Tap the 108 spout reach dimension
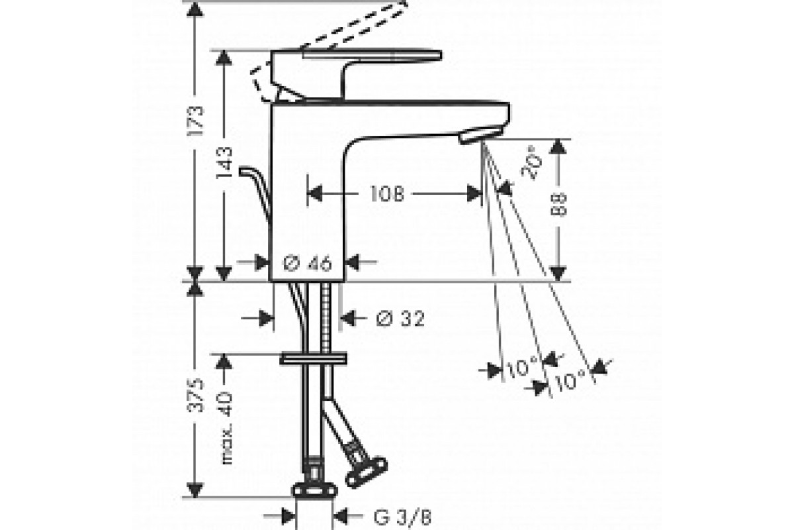[x=387, y=194]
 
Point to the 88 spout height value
[x=558, y=205]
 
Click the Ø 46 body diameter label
[x=307, y=263]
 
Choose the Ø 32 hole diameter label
[x=400, y=318]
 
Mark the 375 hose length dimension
[x=196, y=395]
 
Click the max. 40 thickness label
[x=225, y=428]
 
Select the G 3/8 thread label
[x=402, y=517]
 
